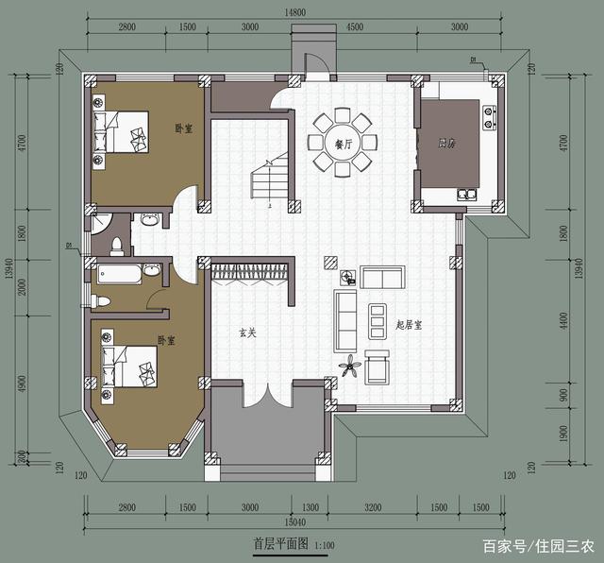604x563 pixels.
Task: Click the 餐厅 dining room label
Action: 343,145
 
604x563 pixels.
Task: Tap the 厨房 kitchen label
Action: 446,144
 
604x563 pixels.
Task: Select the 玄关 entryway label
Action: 247,333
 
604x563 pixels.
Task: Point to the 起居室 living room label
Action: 409,325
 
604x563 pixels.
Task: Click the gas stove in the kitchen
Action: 491,118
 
